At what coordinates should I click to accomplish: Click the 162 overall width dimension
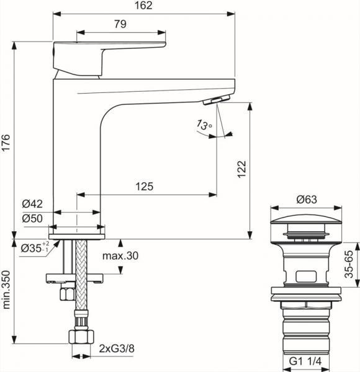coord(145,6)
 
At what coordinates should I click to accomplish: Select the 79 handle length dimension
coord(121,24)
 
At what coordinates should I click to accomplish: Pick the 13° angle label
coord(203,125)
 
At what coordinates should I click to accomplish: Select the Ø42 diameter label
coord(32,204)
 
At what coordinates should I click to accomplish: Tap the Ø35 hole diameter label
coord(32,247)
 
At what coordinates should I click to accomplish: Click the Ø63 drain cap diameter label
coord(307,200)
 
